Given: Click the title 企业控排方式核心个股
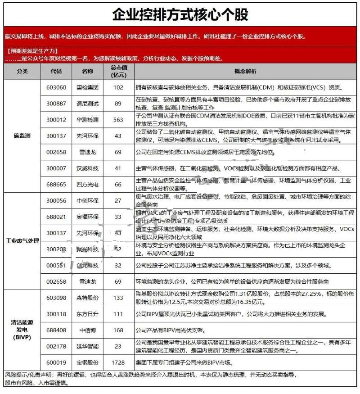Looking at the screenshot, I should coord(180,14).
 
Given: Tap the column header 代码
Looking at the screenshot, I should coord(56,71).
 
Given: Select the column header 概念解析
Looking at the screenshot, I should coord(245,71).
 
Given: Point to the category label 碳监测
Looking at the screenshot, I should coord(22,135).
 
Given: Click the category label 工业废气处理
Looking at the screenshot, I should coord(22,240).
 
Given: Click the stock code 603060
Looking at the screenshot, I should coord(56,87).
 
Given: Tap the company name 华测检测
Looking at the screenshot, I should coord(87,119).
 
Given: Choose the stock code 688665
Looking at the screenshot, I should coord(56,184).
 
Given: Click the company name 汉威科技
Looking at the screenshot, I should coord(87,168).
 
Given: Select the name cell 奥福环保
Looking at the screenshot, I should coord(87,217).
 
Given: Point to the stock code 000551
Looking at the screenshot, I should coord(56,265).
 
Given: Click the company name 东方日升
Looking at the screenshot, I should coord(87,314).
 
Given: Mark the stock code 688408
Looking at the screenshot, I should coord(56,330).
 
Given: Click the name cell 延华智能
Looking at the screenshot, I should coord(87,346).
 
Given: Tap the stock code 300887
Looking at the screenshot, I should coord(56,103).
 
